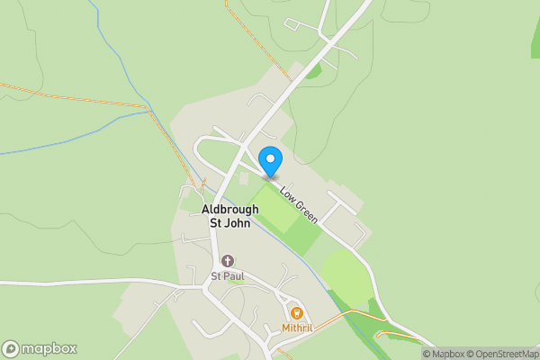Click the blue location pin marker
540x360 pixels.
270,161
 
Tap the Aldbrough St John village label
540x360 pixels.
229,216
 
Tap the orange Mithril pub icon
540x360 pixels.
294,312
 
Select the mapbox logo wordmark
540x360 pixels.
49,349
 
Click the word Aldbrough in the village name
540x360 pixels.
229,209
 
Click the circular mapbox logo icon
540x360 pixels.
11,349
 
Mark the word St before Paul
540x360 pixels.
216,275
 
